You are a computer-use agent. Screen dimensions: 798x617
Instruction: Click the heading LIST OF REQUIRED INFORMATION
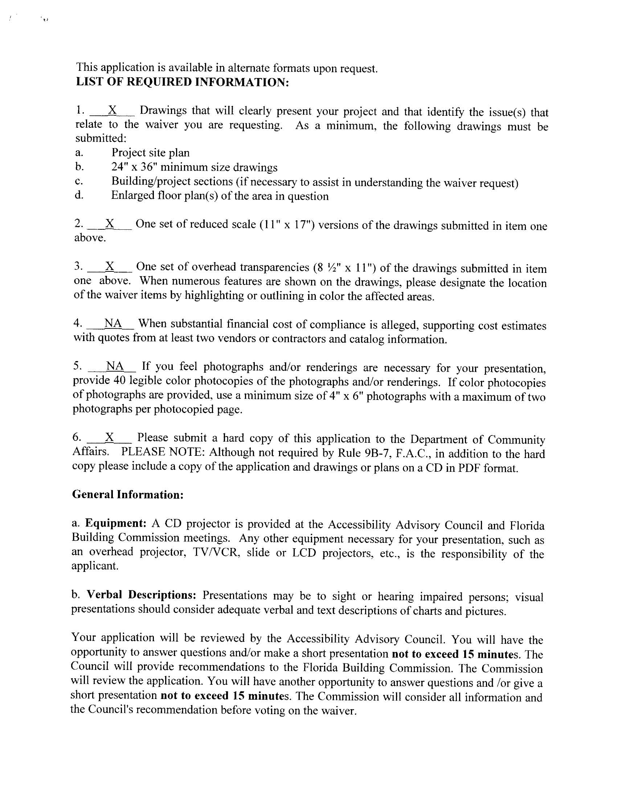183,82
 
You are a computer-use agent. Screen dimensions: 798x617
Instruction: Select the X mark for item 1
113,110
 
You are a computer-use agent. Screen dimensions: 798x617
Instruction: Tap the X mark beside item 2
110,223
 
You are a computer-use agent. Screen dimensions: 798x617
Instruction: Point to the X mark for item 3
110,266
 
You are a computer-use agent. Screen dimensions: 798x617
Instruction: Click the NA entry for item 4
113,323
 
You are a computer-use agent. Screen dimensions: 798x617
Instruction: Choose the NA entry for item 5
115,365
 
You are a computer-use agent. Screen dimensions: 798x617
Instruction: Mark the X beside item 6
110,437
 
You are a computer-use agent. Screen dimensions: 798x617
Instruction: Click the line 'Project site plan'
150,152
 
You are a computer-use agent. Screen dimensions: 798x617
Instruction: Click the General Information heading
127,494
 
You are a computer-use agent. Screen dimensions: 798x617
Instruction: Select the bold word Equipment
116,523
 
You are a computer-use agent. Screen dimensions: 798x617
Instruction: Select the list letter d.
79,195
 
